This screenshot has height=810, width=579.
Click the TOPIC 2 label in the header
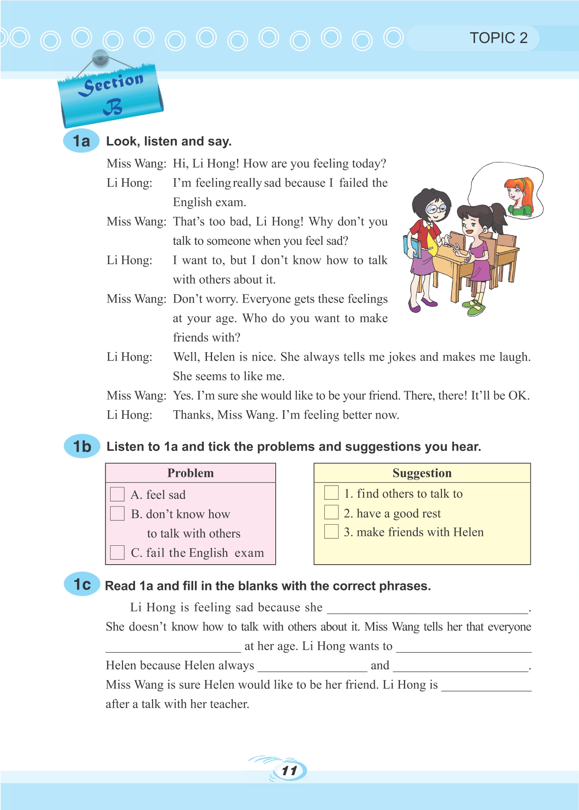tap(498, 38)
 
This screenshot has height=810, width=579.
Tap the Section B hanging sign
tap(111, 94)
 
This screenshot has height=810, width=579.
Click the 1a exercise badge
tap(81, 141)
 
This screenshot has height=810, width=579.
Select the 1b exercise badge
tap(82, 446)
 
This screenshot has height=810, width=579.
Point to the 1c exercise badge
tap(82, 585)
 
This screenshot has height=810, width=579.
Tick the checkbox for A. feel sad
tap(117, 494)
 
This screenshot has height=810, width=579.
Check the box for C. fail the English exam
tap(117, 552)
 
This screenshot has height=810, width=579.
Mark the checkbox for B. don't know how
tap(117, 514)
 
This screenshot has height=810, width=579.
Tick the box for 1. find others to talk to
tap(331, 492)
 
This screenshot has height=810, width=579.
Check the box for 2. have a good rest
tap(331, 512)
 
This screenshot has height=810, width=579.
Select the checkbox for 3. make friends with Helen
tap(331, 532)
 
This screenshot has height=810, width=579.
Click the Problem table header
tap(190, 473)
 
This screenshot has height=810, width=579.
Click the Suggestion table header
tap(422, 473)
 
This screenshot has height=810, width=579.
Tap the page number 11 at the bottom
tap(289, 770)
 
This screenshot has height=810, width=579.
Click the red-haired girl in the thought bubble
tap(519, 196)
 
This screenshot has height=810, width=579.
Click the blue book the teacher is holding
tap(412, 247)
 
